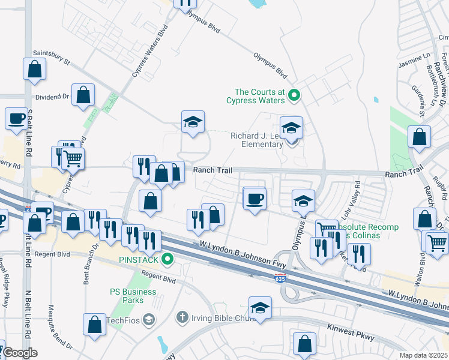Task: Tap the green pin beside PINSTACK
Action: click(x=169, y=260)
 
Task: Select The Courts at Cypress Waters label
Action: click(x=258, y=96)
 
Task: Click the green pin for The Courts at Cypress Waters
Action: click(x=294, y=95)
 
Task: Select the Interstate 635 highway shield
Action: click(x=282, y=278)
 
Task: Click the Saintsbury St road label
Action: click(x=52, y=57)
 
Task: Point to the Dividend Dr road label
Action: click(x=53, y=96)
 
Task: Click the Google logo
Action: click(x=19, y=353)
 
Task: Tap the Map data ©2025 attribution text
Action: click(x=423, y=355)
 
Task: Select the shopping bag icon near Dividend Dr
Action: click(x=83, y=95)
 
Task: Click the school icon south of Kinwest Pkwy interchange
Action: click(x=259, y=308)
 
